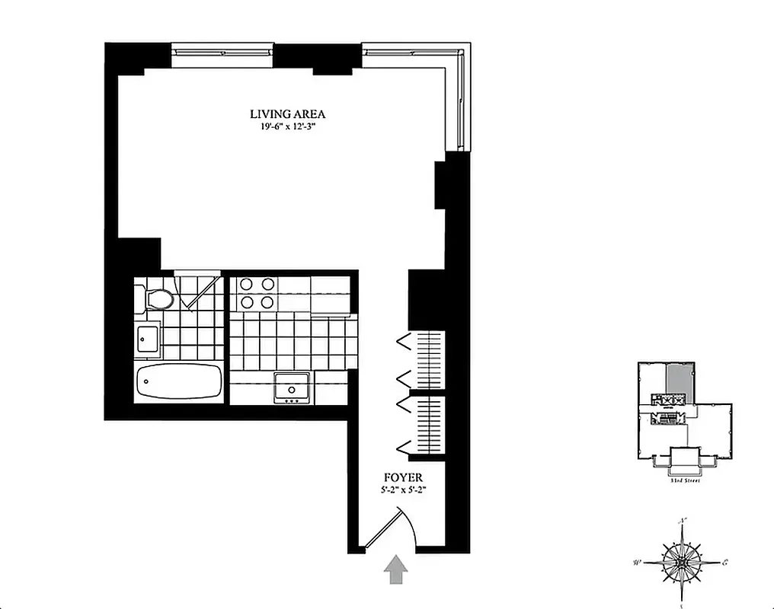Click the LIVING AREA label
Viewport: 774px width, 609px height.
(288, 114)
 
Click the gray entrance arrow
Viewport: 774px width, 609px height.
(395, 569)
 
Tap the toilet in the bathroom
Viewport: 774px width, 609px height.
(158, 298)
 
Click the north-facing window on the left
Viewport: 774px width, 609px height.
(222, 51)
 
